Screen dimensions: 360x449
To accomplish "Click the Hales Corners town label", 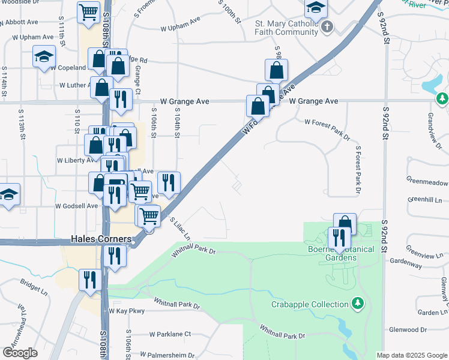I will pyautogui.click(x=101, y=239).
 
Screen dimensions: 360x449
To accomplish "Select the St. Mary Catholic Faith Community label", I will pyautogui.click(x=286, y=28).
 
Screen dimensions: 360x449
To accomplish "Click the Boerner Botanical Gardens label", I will pyautogui.click(x=341, y=253).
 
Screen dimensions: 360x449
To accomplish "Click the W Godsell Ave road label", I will pyautogui.click(x=76, y=206).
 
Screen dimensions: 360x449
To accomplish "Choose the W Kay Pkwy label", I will pyautogui.click(x=127, y=311).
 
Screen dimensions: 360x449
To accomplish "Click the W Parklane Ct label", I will pyautogui.click(x=170, y=334).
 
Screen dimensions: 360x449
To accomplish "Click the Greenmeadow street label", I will pyautogui.click(x=427, y=182).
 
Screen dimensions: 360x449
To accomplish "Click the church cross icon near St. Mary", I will pyautogui.click(x=327, y=26).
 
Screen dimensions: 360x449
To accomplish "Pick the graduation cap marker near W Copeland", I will pyautogui.click(x=43, y=56).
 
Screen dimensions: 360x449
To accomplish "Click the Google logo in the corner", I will pyautogui.click(x=20, y=352).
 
